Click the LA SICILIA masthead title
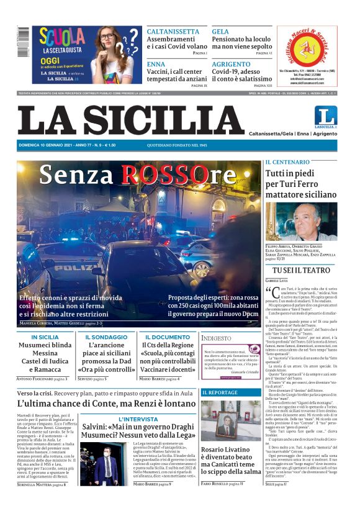[x=131, y=120]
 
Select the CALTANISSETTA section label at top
[x=173, y=31]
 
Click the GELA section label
[x=220, y=31]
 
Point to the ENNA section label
[x=156, y=64]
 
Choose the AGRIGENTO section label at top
[x=231, y=64]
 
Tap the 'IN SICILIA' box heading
[x=45, y=337]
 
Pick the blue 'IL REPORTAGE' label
[x=220, y=392]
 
